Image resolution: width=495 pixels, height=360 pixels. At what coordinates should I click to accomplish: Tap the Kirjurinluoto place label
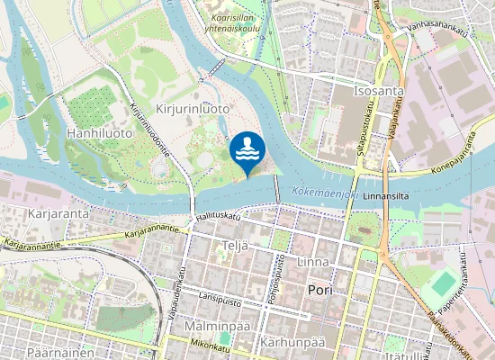tap(193, 108)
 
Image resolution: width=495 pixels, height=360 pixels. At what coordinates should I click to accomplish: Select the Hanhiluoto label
tap(99, 132)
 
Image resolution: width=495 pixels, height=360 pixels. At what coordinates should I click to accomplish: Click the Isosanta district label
tap(379, 91)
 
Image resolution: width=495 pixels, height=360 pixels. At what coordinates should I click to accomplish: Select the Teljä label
tap(233, 245)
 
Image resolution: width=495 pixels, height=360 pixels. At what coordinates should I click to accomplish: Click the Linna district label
tap(312, 262)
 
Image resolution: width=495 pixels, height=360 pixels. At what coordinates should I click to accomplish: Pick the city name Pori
tap(319, 291)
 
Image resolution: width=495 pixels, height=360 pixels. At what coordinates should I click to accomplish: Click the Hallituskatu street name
tap(218, 217)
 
